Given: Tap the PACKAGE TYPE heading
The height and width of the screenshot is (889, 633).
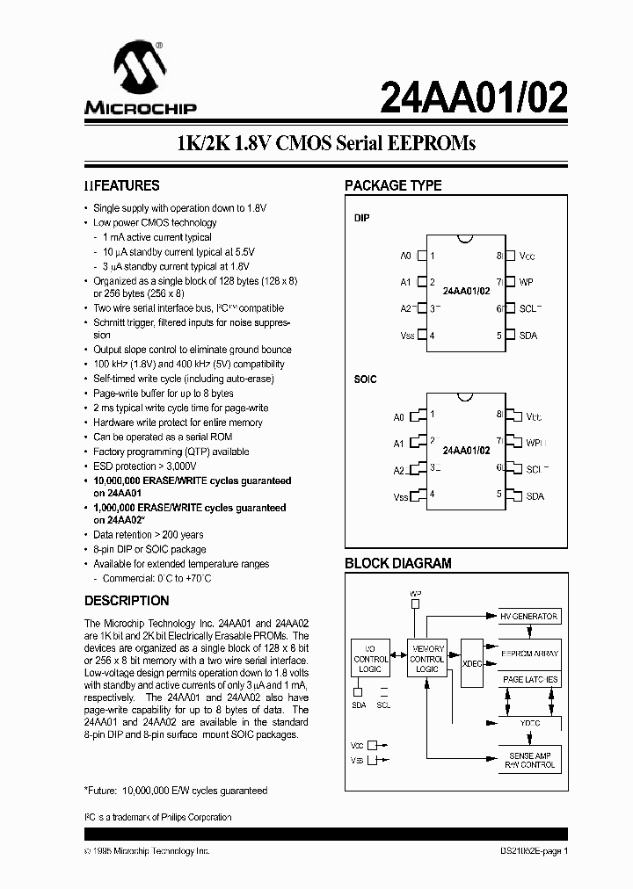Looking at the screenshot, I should click(392, 186).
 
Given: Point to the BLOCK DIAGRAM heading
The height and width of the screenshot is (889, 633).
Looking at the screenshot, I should click(397, 564).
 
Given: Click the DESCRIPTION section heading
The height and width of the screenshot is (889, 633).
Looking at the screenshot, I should click(127, 601).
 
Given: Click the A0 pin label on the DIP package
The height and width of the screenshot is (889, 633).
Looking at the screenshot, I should click(405, 256).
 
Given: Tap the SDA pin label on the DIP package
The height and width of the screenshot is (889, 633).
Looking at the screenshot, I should click(528, 336).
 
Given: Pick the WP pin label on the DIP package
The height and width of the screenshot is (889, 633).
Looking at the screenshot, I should click(527, 282).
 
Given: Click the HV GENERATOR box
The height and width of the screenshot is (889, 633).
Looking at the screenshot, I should click(529, 617).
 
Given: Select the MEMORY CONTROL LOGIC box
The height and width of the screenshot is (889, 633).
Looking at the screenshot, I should click(427, 658).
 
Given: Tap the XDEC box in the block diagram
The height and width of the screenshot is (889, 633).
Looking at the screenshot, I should click(472, 664).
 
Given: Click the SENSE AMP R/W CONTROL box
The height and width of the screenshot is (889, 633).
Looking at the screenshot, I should click(530, 761).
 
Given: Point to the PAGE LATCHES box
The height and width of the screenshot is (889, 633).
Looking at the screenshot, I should click(529, 680).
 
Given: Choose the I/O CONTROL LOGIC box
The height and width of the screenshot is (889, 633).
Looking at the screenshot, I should click(370, 658).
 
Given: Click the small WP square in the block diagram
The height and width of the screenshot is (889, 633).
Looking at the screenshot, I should click(416, 604).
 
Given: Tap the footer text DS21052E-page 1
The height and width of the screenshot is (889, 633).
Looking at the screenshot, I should click(528, 851).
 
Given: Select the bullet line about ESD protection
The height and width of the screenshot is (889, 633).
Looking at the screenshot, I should click(146, 466).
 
